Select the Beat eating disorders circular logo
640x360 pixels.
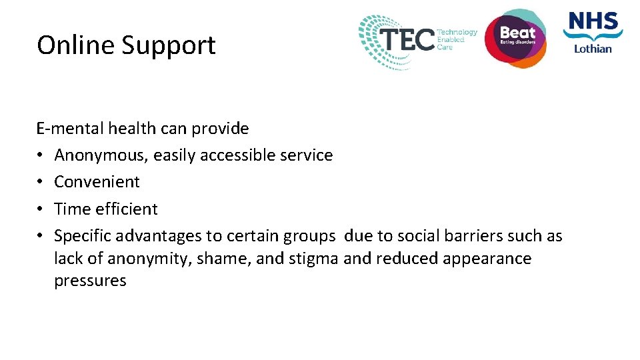pos(515,37)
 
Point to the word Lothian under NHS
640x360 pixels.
pos(592,49)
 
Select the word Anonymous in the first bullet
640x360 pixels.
pos(101,155)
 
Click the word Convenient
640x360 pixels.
pos(97,182)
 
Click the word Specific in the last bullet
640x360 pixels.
pos(83,236)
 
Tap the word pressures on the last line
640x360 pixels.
pos(90,281)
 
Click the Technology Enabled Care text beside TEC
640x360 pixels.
pos(457,39)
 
